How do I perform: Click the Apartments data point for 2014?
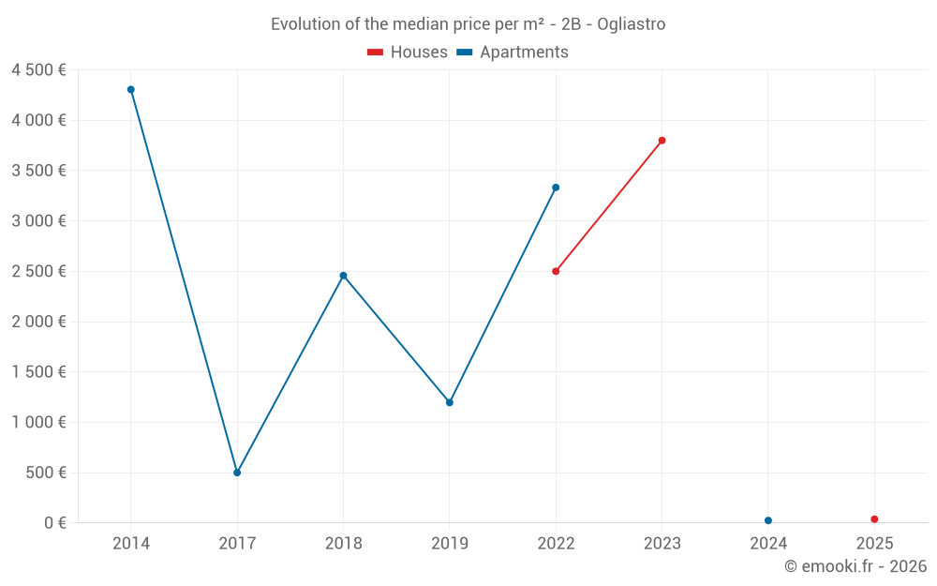click(x=131, y=90)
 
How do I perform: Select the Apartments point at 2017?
click(x=237, y=473)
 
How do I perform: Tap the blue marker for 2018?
click(x=343, y=276)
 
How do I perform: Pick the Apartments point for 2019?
click(x=450, y=402)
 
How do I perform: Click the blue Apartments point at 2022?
click(x=556, y=188)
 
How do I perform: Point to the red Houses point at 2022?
click(x=556, y=271)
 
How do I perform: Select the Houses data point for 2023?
click(x=662, y=141)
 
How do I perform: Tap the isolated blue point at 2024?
click(x=768, y=520)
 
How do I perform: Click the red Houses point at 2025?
click(x=874, y=519)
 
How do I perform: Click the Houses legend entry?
click(x=408, y=53)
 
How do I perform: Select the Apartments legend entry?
click(x=513, y=53)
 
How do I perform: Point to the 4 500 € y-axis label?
click(x=38, y=70)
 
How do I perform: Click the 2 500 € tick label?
click(x=38, y=272)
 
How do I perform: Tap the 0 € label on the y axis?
click(x=55, y=523)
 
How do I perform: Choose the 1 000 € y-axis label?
click(x=38, y=423)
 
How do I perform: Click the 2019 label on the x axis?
click(x=450, y=544)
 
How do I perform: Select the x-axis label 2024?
click(x=768, y=544)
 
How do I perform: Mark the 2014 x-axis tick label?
click(x=131, y=544)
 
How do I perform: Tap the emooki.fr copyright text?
click(x=855, y=566)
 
